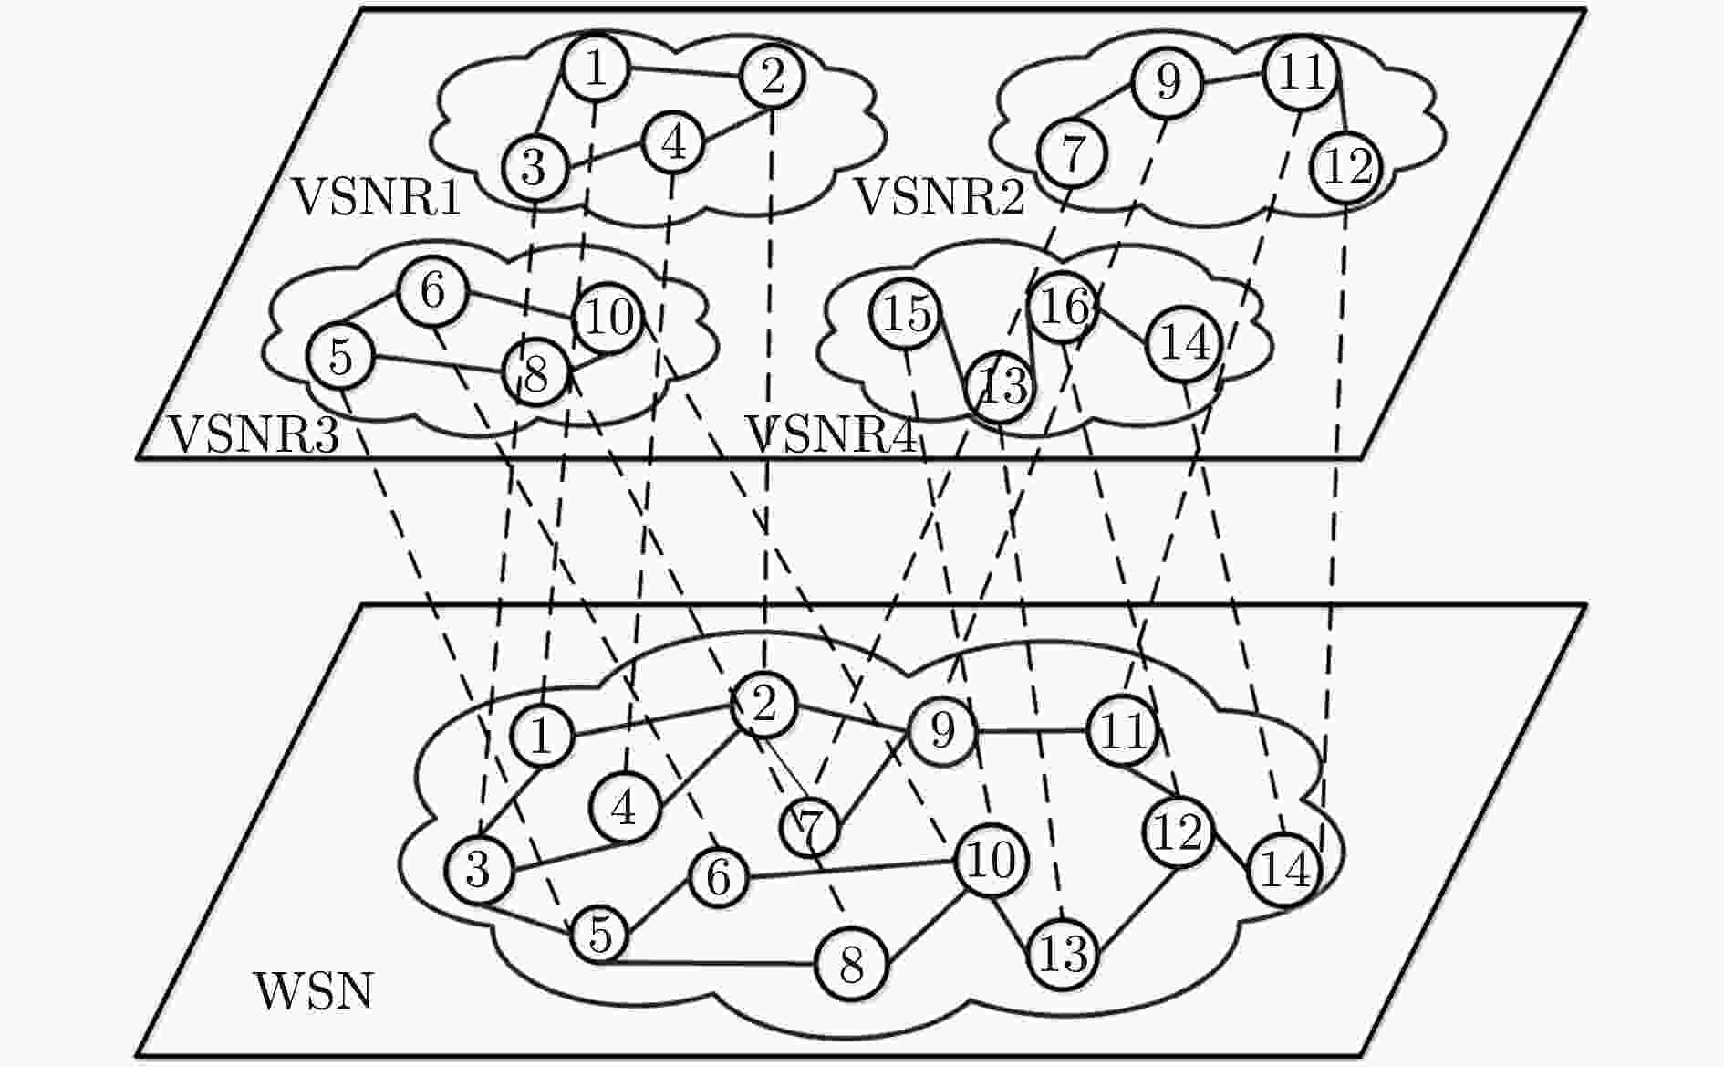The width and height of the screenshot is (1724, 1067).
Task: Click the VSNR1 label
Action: (x=376, y=197)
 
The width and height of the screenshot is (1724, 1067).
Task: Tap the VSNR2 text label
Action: (x=939, y=197)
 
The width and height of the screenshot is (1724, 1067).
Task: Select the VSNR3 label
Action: (x=254, y=434)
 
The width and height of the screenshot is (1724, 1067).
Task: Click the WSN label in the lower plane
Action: (x=314, y=991)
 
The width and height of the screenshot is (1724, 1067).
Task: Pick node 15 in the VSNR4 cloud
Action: (x=907, y=314)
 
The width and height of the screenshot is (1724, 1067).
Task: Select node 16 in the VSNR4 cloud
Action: (x=1063, y=307)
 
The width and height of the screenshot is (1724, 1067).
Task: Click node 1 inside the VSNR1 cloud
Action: (x=595, y=68)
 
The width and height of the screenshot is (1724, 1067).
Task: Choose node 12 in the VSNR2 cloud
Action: (x=1346, y=167)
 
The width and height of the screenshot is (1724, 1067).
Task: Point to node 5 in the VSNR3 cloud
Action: (x=340, y=356)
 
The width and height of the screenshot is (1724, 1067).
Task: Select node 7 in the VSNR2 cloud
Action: (x=1072, y=152)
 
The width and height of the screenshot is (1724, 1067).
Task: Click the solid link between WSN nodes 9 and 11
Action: (x=1033, y=730)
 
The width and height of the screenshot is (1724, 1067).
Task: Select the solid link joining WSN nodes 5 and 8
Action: (x=714, y=962)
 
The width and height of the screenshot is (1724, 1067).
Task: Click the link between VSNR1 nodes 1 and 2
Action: (x=684, y=71)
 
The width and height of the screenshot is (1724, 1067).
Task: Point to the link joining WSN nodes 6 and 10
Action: (x=852, y=869)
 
